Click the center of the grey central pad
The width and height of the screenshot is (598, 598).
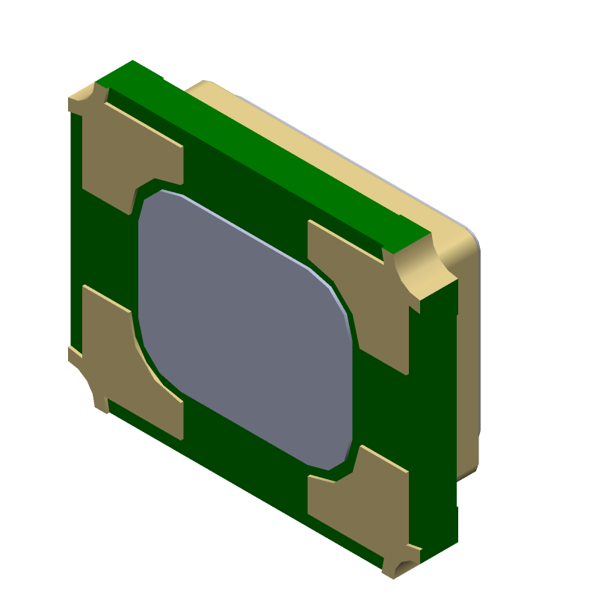[245, 329]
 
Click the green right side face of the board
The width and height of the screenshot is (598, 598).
[434, 419]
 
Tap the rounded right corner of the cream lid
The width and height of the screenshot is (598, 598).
[471, 239]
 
